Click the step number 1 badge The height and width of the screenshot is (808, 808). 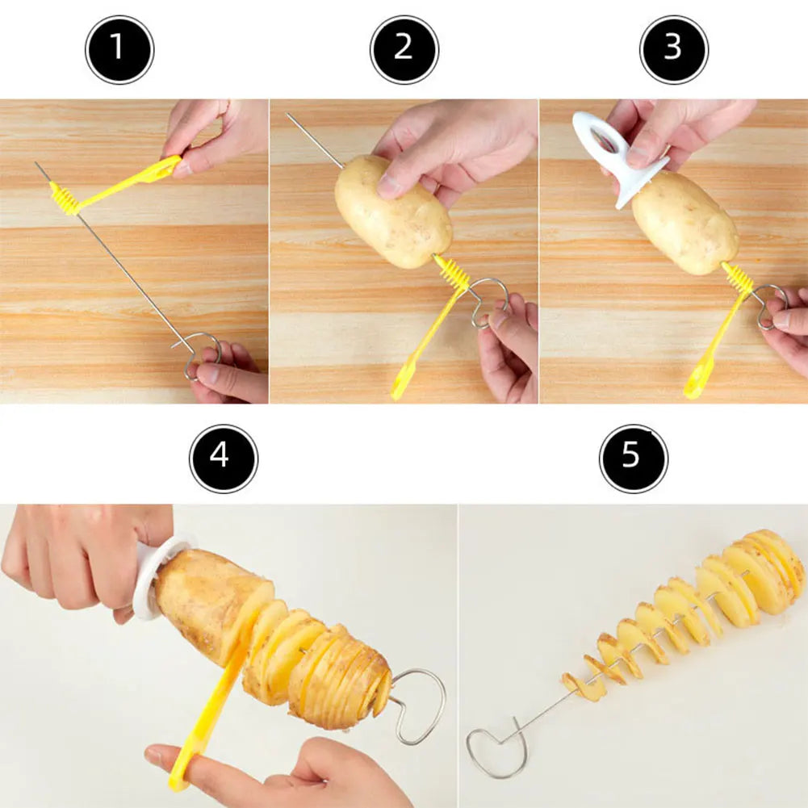pyautogui.click(x=119, y=49)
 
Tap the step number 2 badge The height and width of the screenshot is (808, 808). pyautogui.click(x=404, y=49)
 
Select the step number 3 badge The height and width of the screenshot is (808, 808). pyautogui.click(x=674, y=49)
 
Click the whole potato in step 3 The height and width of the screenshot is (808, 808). pyautogui.click(x=684, y=224)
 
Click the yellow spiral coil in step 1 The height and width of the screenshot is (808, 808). pyautogui.click(x=65, y=199)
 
